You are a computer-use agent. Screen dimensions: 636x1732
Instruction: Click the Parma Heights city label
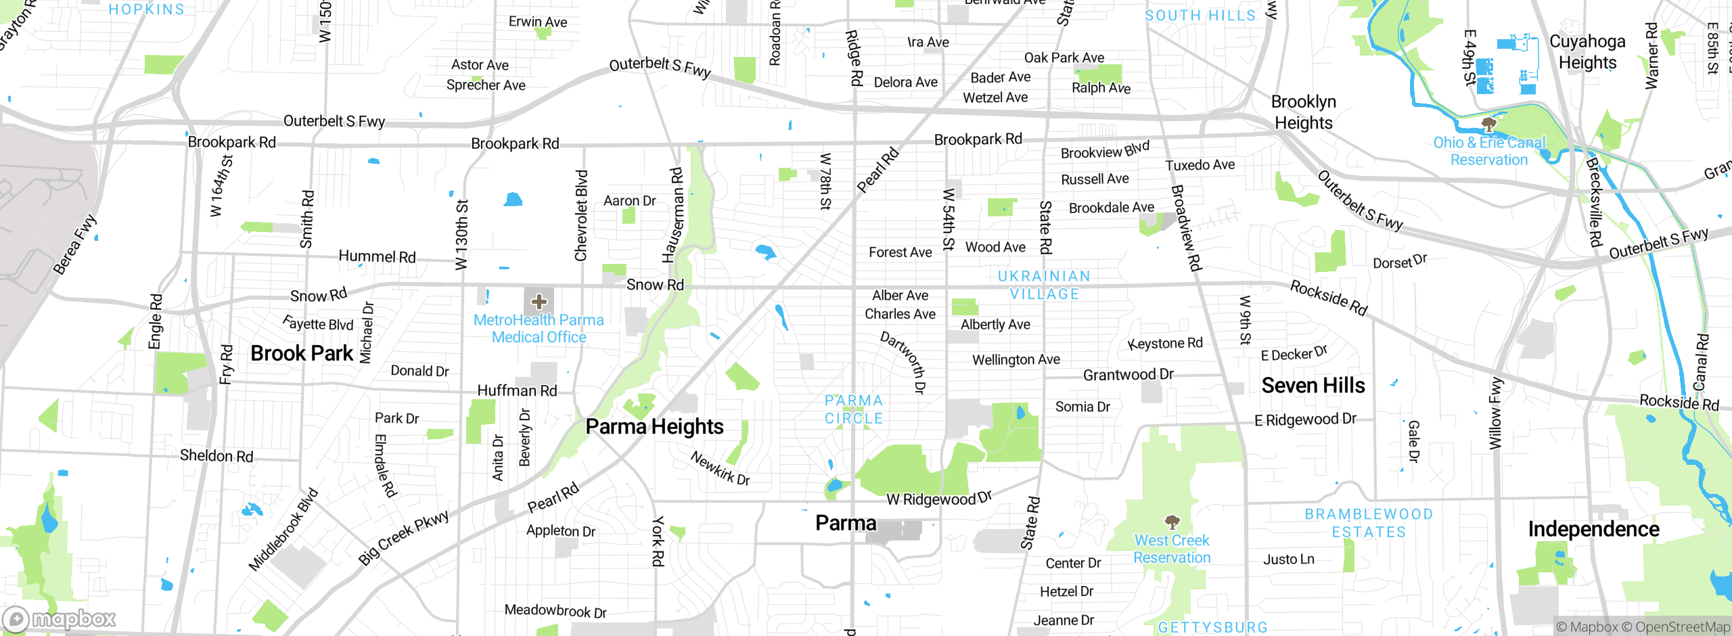pyautogui.click(x=654, y=427)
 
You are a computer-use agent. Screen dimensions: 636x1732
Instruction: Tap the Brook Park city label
pyautogui.click(x=302, y=353)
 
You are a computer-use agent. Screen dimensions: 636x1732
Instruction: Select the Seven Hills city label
pyautogui.click(x=1313, y=386)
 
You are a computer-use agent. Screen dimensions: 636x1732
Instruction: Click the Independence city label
pyautogui.click(x=1593, y=529)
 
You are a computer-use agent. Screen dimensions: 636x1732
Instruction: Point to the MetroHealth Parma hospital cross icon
pyautogui.click(x=539, y=302)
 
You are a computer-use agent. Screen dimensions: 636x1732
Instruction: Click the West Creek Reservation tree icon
pyautogui.click(x=1172, y=522)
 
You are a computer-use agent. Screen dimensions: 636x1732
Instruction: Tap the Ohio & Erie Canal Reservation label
pyautogui.click(x=1489, y=152)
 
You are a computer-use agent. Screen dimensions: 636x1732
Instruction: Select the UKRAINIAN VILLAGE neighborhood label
pyautogui.click(x=1044, y=285)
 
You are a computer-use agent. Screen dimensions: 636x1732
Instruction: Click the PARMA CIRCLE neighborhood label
pyautogui.click(x=854, y=409)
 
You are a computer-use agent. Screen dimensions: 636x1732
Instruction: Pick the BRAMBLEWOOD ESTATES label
pyautogui.click(x=1369, y=523)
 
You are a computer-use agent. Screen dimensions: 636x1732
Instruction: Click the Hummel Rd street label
pyautogui.click(x=377, y=256)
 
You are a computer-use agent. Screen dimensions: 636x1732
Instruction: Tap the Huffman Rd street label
pyautogui.click(x=517, y=390)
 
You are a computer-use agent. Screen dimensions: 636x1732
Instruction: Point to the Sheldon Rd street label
pyautogui.click(x=216, y=456)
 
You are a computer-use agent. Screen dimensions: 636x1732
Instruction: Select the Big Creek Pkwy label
pyautogui.click(x=403, y=537)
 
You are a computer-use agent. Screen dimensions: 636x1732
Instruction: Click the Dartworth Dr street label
pyautogui.click(x=903, y=363)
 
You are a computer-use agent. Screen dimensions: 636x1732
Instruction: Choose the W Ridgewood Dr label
pyautogui.click(x=939, y=499)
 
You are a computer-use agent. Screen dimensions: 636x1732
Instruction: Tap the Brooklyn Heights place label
pyautogui.click(x=1303, y=112)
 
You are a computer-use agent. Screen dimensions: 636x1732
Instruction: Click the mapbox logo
pyautogui.click(x=60, y=618)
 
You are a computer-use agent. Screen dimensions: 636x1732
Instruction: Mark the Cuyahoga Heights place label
pyautogui.click(x=1587, y=52)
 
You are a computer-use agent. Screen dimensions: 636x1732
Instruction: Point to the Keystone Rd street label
pyautogui.click(x=1165, y=344)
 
